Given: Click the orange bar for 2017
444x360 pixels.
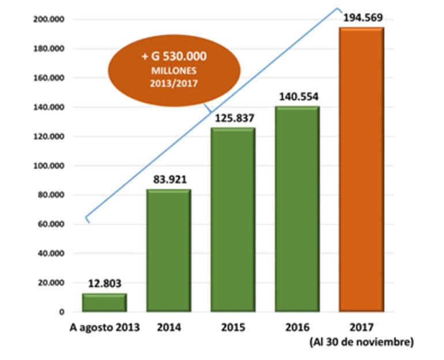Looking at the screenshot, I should point(362,169).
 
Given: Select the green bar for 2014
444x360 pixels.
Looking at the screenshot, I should point(168,251).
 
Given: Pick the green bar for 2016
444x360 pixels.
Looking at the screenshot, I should point(297,209).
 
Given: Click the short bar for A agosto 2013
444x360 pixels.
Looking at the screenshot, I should point(104,302).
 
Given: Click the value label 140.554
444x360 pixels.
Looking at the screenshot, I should point(298,97).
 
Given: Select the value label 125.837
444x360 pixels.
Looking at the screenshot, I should point(234,118).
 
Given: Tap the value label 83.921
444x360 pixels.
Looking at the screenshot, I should point(168,180).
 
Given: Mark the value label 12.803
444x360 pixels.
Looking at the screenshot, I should point(105,283).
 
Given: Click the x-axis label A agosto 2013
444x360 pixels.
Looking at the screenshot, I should point(105,328).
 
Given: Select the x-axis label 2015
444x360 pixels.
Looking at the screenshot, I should point(233,328).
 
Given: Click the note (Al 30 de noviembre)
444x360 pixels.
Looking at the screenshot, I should point(362,342).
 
